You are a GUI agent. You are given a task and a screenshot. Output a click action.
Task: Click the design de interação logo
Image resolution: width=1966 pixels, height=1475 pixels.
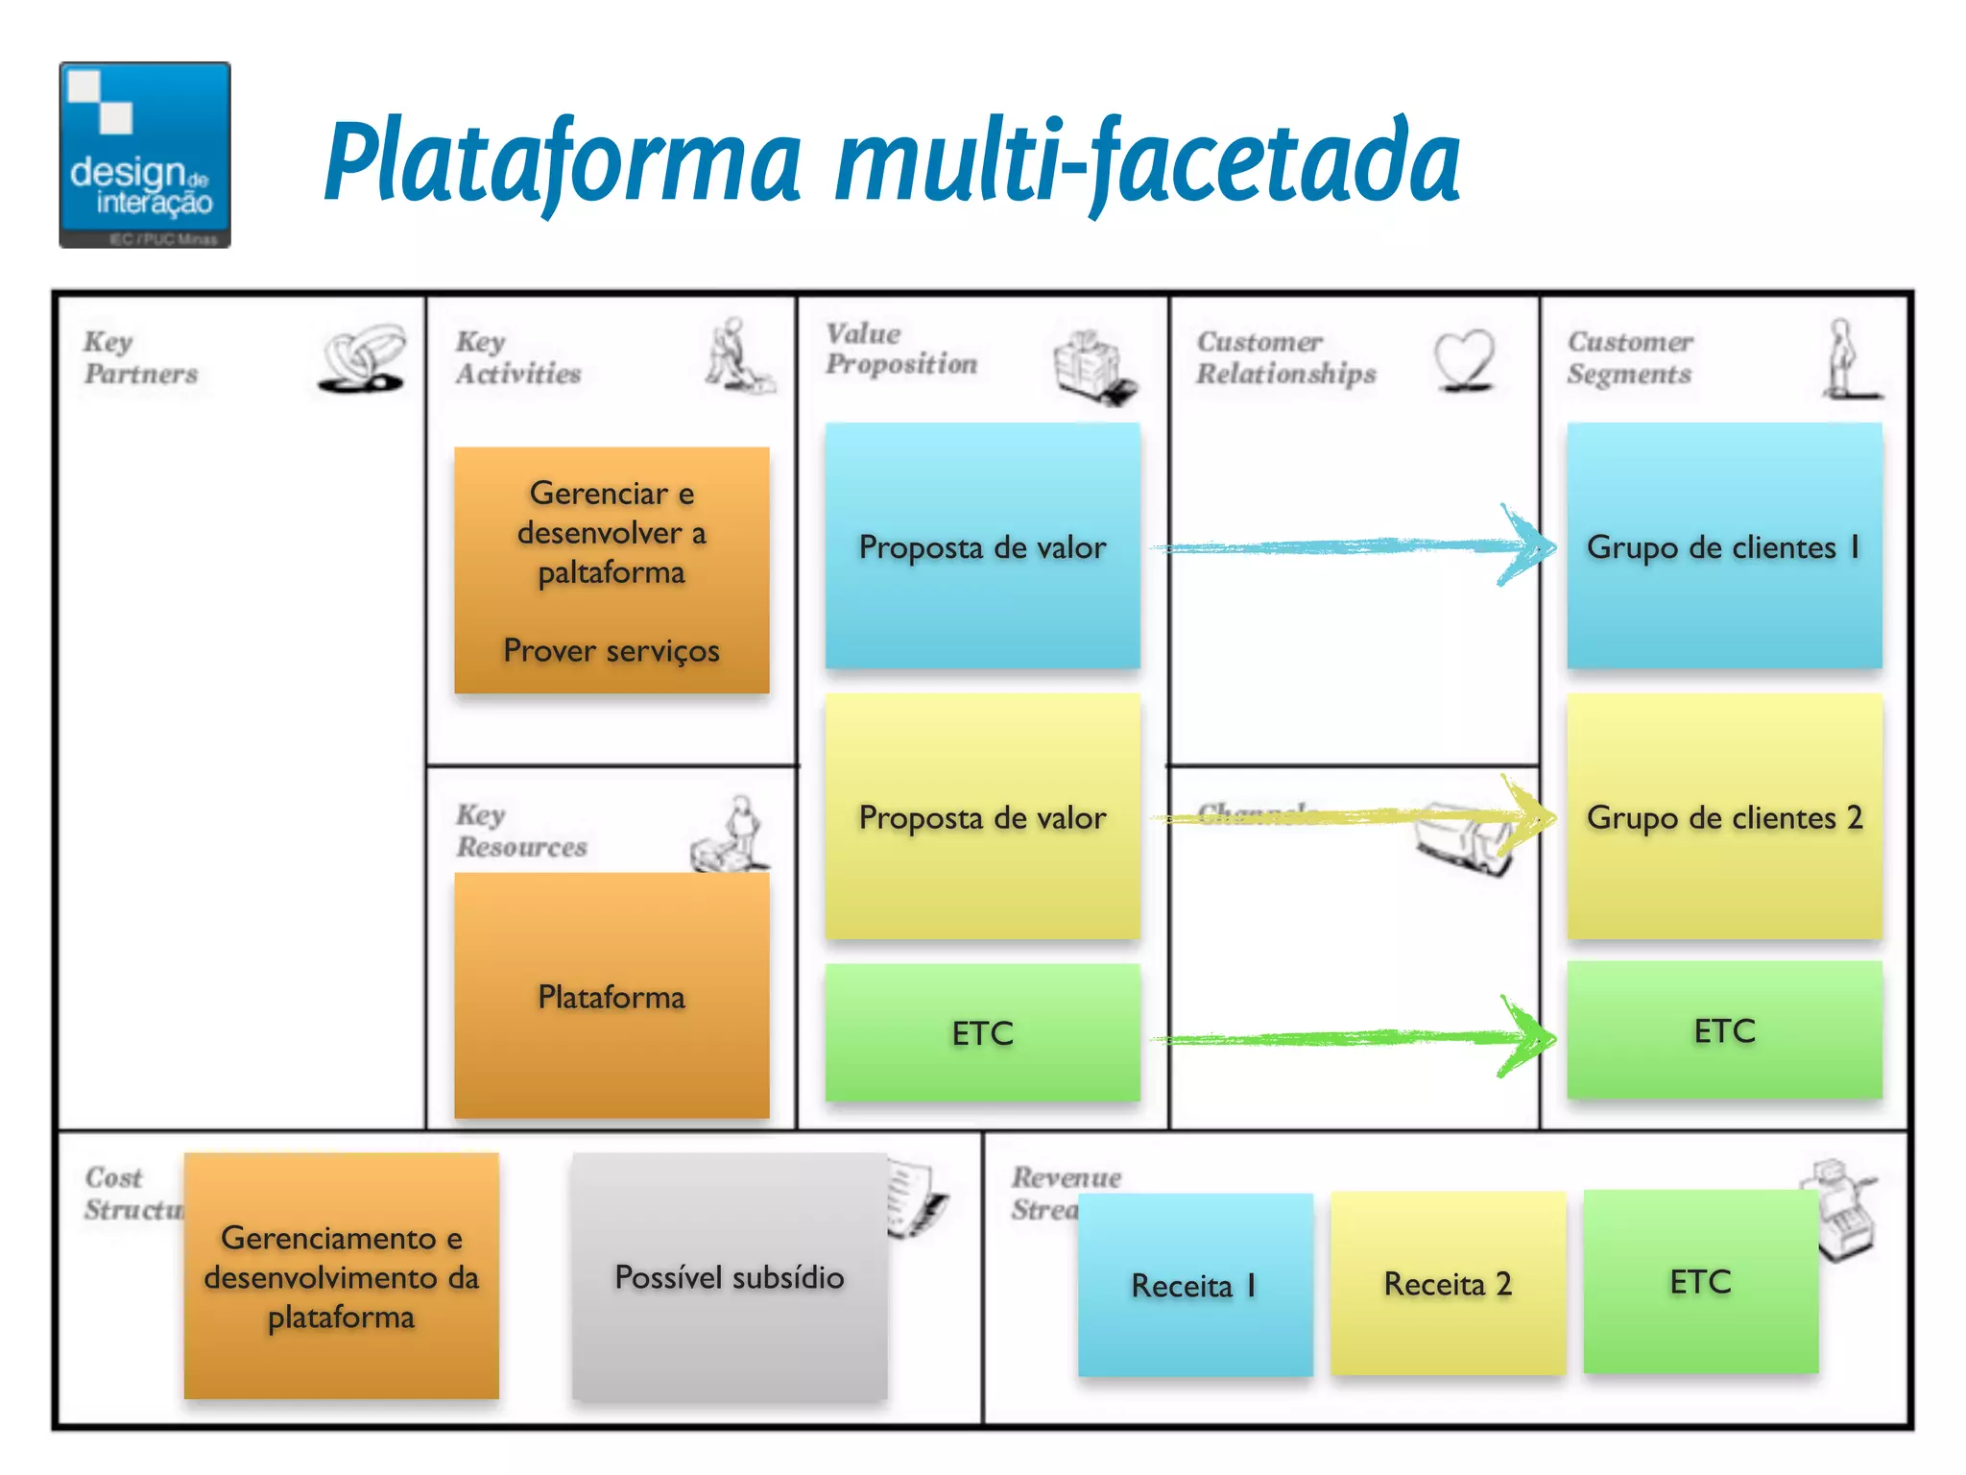coord(145,155)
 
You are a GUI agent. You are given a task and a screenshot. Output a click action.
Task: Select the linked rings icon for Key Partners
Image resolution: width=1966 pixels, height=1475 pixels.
coord(362,358)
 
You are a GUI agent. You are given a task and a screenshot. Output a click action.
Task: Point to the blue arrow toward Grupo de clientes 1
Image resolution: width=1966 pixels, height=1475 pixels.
coord(1354,546)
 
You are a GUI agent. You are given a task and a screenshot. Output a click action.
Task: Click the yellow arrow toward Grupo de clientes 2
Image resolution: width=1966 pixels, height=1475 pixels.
coord(1354,817)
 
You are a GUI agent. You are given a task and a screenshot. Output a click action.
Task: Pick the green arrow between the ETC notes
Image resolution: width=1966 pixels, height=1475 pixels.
coord(1354,1037)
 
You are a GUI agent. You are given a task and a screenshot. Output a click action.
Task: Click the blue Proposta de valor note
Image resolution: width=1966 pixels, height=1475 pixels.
coord(982,545)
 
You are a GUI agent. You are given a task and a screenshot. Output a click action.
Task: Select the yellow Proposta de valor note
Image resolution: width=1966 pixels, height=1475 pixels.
coord(982,816)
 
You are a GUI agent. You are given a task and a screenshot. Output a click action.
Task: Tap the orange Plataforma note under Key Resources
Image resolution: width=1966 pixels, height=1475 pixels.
coord(611,996)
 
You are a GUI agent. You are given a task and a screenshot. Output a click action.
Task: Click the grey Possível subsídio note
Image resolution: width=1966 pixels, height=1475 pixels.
coord(730,1276)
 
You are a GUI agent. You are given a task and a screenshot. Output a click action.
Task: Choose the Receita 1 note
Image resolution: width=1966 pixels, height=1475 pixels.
coord(1194,1284)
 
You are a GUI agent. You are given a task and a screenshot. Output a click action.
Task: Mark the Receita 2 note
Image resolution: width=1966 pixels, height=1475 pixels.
coord(1448,1283)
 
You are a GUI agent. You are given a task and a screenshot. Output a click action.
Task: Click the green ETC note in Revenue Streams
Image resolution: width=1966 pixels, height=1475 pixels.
coord(1700,1281)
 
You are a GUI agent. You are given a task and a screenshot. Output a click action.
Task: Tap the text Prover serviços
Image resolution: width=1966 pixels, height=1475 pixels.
coord(611,650)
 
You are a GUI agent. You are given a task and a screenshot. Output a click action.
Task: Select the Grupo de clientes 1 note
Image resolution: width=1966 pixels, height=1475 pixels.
coord(1724,545)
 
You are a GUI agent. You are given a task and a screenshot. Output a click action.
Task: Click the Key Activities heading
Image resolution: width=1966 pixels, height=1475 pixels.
coord(518,357)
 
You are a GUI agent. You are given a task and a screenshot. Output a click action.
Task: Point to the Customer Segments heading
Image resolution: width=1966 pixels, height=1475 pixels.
coord(1629,357)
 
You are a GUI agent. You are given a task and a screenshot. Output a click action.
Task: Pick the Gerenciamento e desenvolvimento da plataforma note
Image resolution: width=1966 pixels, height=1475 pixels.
coord(341,1276)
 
